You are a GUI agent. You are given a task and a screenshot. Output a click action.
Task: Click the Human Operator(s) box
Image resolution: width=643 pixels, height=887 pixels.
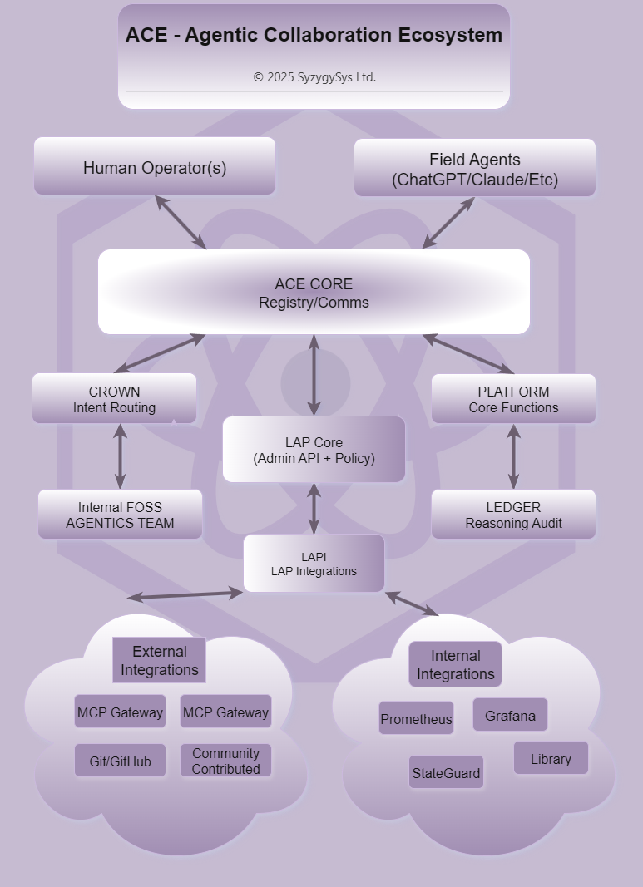[x=155, y=167]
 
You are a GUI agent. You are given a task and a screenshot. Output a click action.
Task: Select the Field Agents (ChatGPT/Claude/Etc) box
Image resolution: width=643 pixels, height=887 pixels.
[x=475, y=169]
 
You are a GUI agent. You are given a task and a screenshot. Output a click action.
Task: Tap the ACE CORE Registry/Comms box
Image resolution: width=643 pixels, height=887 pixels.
[x=314, y=293]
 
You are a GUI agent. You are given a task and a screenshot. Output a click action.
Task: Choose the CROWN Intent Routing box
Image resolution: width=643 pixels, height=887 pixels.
[x=114, y=399]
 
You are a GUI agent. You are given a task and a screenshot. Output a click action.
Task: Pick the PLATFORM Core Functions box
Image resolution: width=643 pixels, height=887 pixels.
[x=513, y=399]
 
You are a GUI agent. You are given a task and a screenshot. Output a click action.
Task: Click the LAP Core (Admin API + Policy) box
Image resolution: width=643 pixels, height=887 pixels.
[x=314, y=450]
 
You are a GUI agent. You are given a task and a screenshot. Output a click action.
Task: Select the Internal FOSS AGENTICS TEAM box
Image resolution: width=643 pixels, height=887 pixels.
[x=120, y=515]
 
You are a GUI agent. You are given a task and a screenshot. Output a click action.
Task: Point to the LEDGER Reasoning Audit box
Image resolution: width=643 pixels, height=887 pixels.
[x=513, y=515]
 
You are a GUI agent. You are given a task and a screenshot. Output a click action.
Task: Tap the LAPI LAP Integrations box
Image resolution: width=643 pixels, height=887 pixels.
[x=314, y=564]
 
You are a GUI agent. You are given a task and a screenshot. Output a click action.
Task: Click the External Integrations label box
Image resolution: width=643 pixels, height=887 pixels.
[x=159, y=660]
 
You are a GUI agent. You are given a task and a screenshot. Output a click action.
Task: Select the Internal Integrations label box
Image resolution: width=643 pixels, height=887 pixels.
[x=455, y=665]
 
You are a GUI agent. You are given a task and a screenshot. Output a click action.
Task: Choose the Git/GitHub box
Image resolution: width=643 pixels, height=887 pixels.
[x=120, y=761]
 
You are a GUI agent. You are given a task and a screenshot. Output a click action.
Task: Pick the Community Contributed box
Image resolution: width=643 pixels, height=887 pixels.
[x=225, y=761]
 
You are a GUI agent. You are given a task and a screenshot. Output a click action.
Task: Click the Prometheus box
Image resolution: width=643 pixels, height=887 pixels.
[x=416, y=719]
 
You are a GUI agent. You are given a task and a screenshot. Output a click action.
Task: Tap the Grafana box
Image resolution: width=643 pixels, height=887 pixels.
[x=510, y=715]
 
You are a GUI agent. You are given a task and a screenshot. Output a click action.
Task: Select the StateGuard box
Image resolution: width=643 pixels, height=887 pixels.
[x=446, y=772]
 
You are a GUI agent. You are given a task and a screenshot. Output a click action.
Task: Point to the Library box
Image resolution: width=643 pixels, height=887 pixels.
[x=551, y=758]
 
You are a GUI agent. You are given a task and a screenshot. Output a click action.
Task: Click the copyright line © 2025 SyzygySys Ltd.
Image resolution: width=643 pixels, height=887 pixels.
[x=314, y=77]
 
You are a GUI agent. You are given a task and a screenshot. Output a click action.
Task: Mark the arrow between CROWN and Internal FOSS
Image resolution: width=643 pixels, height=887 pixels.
[x=120, y=456]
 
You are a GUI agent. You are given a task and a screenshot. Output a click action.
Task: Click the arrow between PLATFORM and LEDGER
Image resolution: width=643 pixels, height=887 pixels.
[x=513, y=456]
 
